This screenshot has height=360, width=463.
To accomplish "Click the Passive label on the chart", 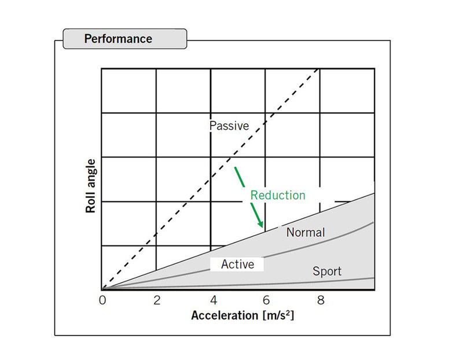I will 229,126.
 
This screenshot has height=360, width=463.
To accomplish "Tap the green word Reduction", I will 277,195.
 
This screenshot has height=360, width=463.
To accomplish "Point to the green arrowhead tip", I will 262,226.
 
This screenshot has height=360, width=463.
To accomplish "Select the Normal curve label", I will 306,233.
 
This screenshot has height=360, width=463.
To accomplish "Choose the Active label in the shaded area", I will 238,264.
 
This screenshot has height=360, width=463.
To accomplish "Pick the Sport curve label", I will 327,270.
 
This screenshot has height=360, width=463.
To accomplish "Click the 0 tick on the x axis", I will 102,300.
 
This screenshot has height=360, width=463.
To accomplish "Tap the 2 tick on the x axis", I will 156,300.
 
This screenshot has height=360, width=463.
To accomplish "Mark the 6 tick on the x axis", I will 266,300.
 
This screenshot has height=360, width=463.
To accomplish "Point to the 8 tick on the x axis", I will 320,300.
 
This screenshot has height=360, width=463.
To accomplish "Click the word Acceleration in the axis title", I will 225,316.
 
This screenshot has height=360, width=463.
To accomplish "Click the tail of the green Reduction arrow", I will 235,168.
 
